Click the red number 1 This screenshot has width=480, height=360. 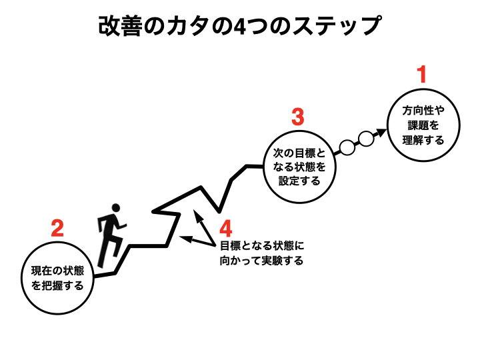423,75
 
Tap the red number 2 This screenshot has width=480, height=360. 57,228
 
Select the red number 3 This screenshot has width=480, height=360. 298,117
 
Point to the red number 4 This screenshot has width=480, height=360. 226,229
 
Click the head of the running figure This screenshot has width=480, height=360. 116,208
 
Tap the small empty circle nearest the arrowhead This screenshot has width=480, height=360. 366,139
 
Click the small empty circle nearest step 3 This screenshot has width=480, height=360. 347,147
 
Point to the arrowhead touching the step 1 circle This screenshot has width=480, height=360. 381,132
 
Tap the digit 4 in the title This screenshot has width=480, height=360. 240,27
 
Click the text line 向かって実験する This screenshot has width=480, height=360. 262,261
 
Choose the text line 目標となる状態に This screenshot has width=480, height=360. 262,246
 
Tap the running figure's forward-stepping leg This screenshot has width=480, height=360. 117,245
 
